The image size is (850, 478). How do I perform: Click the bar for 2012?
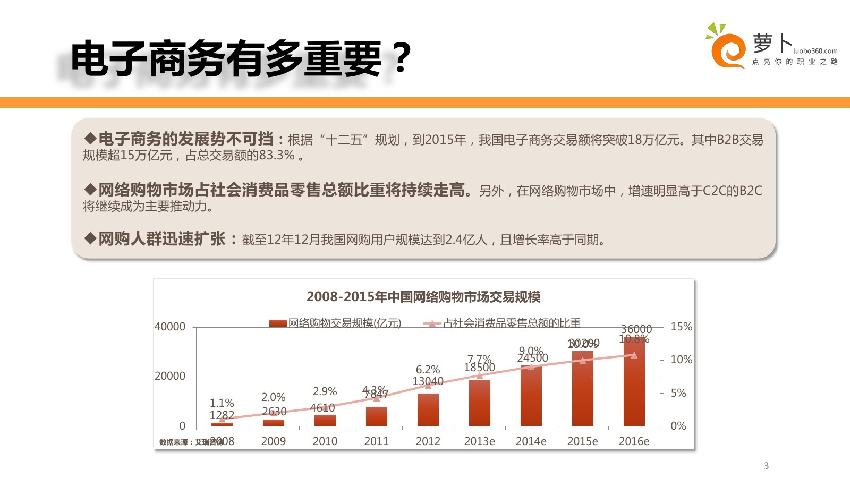point(428,409)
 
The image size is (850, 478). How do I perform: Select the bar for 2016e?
point(634,382)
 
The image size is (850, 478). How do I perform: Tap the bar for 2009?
point(274,423)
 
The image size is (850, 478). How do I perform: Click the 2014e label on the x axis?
point(531,441)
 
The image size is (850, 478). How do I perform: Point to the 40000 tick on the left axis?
point(170,327)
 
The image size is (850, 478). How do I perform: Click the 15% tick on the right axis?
point(681,327)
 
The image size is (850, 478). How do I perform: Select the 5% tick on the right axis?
point(678,393)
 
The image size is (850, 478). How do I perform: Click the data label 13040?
point(428,381)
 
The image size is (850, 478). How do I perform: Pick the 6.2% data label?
point(428,370)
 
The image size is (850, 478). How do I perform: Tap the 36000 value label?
point(636,329)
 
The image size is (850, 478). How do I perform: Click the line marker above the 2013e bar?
point(480,375)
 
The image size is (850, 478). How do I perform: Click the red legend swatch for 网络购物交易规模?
point(278,323)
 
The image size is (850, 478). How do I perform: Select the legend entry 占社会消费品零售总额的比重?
point(511,323)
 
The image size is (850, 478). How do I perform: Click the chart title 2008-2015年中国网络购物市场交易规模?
point(423,297)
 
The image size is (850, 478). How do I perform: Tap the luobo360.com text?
point(815,51)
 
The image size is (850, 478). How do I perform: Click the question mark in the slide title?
point(402,58)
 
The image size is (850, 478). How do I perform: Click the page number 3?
point(766,466)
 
